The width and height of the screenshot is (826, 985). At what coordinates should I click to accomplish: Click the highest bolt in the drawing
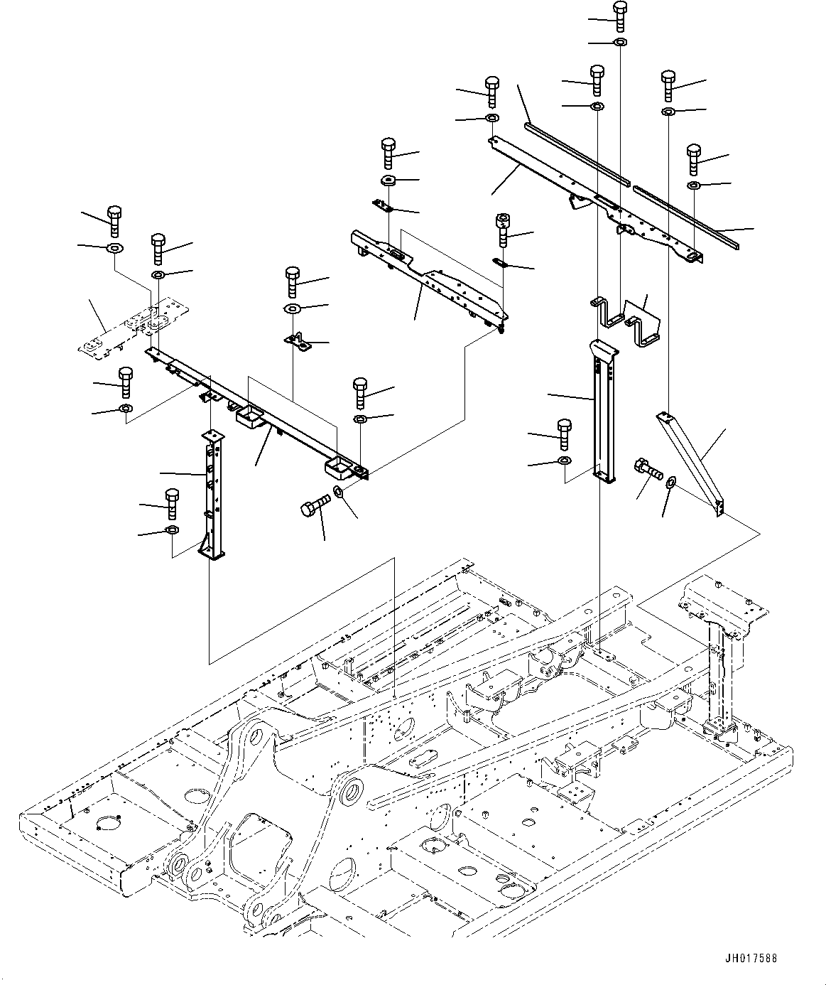coord(620,16)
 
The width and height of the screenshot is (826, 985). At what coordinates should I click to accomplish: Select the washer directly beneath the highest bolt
coord(620,42)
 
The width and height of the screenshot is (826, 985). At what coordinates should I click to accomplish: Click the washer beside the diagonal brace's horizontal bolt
coord(671,483)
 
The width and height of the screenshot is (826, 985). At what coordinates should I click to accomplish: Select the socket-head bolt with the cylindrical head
coord(503,230)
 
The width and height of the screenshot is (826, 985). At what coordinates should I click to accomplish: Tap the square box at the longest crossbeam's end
coord(339,467)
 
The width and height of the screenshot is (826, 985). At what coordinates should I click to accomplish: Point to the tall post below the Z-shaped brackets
coord(604,411)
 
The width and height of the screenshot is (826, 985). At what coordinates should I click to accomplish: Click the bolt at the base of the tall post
coord(565,434)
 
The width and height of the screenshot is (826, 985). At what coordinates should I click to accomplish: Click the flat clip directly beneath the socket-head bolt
coord(501,262)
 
